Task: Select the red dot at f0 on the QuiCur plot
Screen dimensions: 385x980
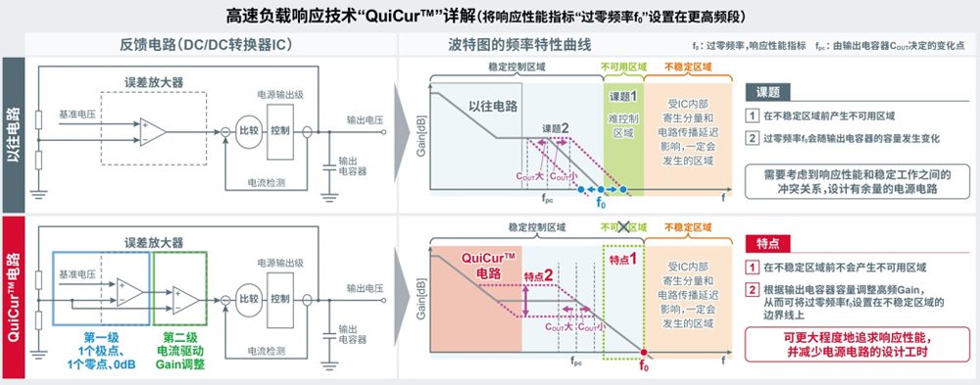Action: coord(643,354)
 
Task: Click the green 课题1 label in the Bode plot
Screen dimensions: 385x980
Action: coord(623,96)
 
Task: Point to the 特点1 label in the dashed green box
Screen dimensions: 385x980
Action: coord(623,259)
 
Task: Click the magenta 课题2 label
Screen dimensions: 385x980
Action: coord(554,129)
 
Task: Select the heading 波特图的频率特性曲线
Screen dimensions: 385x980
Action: coord(510,44)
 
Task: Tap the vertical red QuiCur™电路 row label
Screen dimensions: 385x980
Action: coord(15,296)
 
